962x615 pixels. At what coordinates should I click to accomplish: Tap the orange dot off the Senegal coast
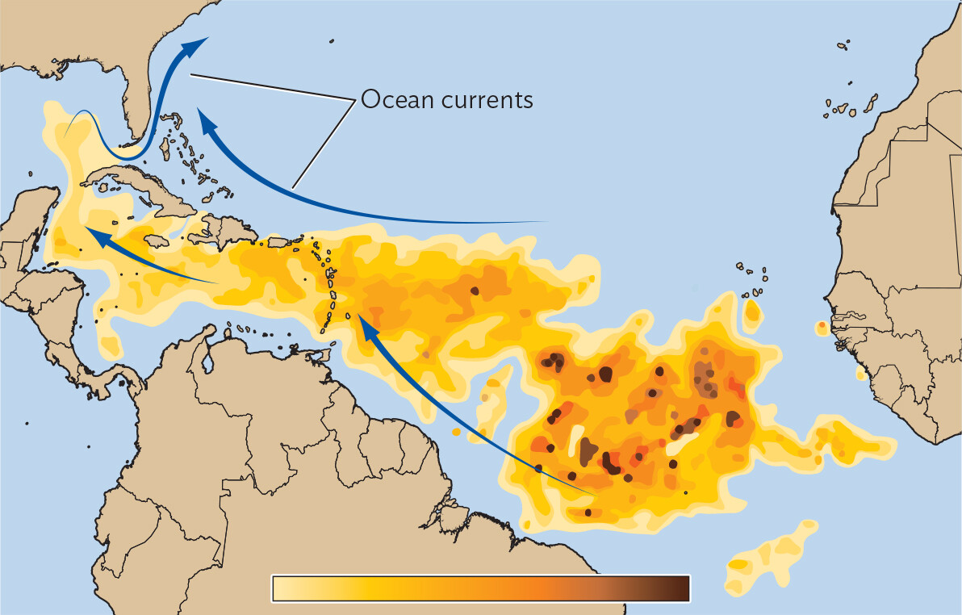822,327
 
